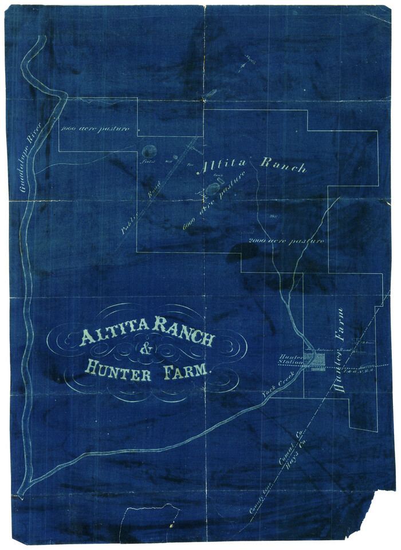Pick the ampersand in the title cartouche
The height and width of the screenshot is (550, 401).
(x=147, y=350)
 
